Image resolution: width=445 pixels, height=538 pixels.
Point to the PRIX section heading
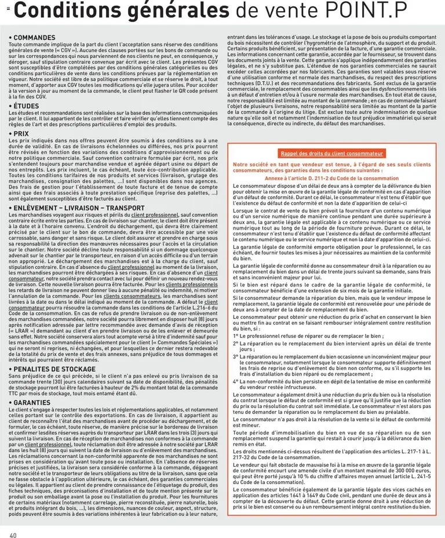tap(24, 134)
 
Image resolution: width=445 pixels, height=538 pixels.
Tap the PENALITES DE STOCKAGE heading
tap(54, 369)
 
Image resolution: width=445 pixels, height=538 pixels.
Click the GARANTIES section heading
tap(34, 402)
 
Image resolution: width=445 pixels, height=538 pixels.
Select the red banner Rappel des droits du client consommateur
tap(332, 154)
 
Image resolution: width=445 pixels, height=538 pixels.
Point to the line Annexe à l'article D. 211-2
tap(331, 179)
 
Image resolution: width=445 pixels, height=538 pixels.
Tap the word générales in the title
tap(174, 10)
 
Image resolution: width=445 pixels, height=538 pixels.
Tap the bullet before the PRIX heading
tap(11, 134)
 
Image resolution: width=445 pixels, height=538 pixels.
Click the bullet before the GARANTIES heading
tap(11, 402)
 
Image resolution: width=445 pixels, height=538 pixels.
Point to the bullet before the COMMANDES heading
tap(11, 38)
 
